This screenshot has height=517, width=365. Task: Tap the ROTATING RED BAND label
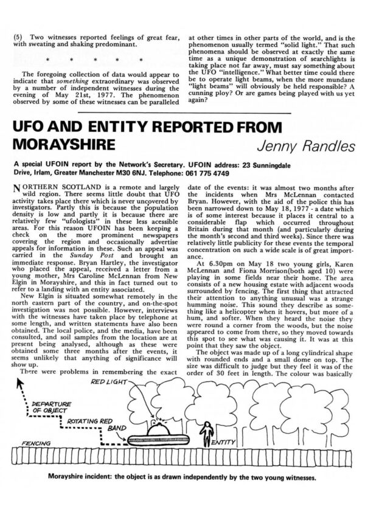[89, 424]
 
